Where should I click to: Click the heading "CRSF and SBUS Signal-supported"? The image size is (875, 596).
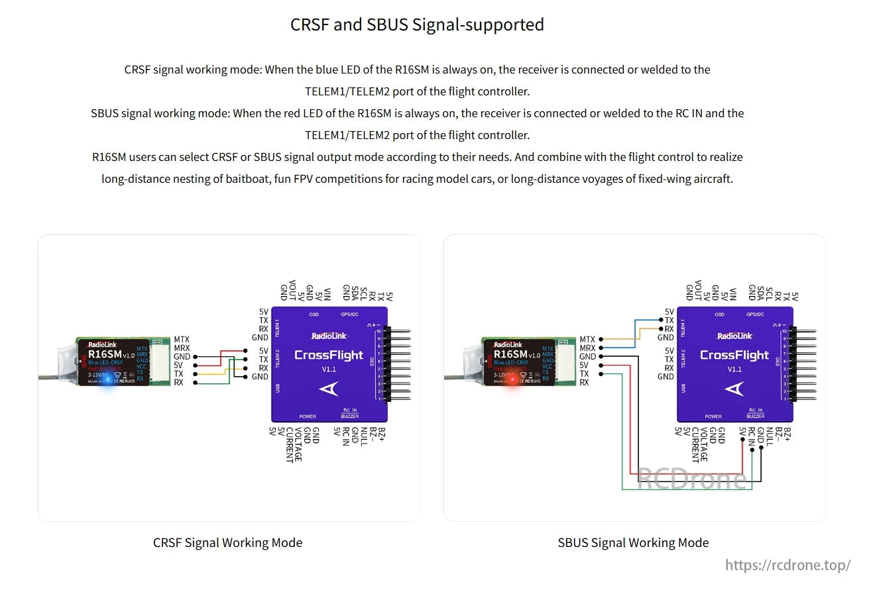click(417, 25)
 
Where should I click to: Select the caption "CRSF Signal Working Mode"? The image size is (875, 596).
click(227, 542)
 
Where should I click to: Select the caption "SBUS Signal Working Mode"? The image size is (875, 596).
click(633, 542)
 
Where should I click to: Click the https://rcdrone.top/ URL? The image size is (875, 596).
click(787, 565)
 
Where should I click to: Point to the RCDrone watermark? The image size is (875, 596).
click(691, 479)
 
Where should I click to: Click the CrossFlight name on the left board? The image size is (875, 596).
click(329, 355)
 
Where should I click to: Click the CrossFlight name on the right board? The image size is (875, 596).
click(734, 355)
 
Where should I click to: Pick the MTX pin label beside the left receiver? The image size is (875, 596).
click(182, 340)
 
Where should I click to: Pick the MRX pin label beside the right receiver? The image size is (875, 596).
click(587, 348)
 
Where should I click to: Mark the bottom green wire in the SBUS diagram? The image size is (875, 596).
click(683, 489)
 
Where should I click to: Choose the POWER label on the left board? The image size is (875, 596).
click(308, 417)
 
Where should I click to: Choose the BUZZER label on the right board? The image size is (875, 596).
click(756, 416)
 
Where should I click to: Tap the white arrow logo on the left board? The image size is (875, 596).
click(329, 389)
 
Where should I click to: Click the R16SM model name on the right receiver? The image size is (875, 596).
click(510, 354)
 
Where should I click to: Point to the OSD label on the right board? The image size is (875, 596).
click(719, 315)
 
